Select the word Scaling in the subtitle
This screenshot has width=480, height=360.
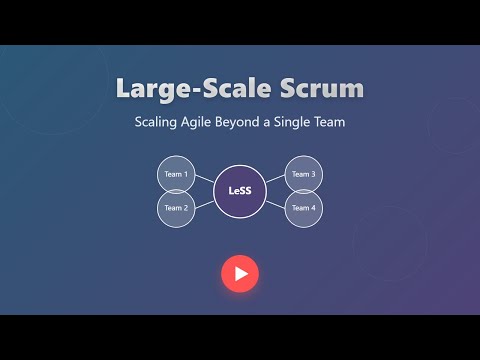point(160,122)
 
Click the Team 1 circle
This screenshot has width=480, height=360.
point(176,175)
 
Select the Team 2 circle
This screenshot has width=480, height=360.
point(176,208)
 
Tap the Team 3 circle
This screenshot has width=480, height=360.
point(303,175)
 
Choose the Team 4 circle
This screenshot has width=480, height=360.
point(303,208)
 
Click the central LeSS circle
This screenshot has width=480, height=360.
point(240,191)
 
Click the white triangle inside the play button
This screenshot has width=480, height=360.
point(241,273)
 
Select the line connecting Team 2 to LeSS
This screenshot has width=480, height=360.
point(204,201)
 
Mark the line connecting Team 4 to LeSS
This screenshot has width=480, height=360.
point(275,201)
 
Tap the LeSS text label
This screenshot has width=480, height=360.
point(240,191)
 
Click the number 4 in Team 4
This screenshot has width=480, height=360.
point(313,208)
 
